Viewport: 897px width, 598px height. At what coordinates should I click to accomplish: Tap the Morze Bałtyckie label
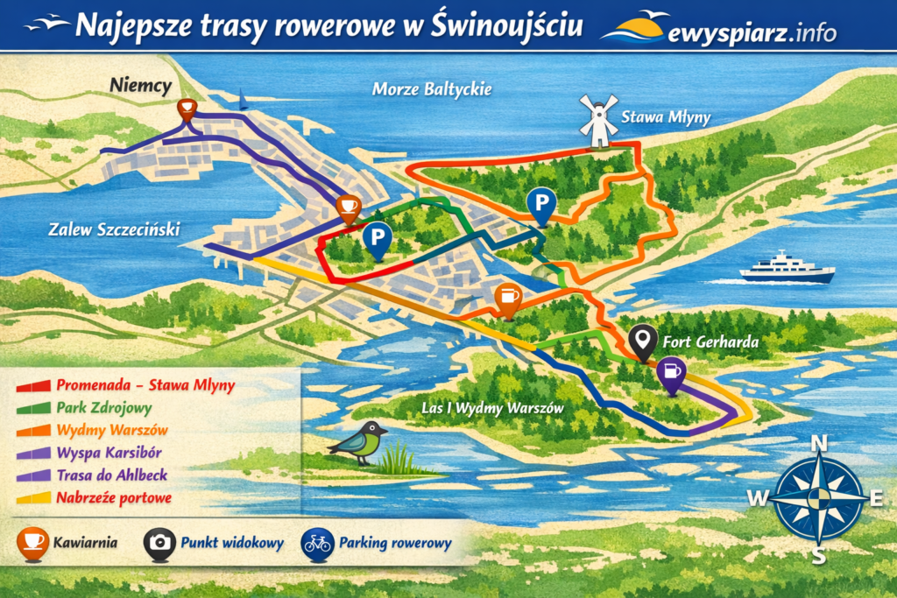point(432,89)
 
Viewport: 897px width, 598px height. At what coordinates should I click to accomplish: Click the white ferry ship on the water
point(787,268)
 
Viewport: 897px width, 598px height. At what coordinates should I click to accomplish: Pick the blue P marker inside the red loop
point(377,238)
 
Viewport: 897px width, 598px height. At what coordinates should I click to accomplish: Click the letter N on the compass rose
point(819,444)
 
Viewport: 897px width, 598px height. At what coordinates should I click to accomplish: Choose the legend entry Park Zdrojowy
point(103,407)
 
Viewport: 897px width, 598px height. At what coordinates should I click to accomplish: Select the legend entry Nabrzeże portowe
point(113,498)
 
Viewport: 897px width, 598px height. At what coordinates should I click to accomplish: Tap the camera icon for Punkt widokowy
point(159,543)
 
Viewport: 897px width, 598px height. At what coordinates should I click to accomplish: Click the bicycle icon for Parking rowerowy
point(316,543)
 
